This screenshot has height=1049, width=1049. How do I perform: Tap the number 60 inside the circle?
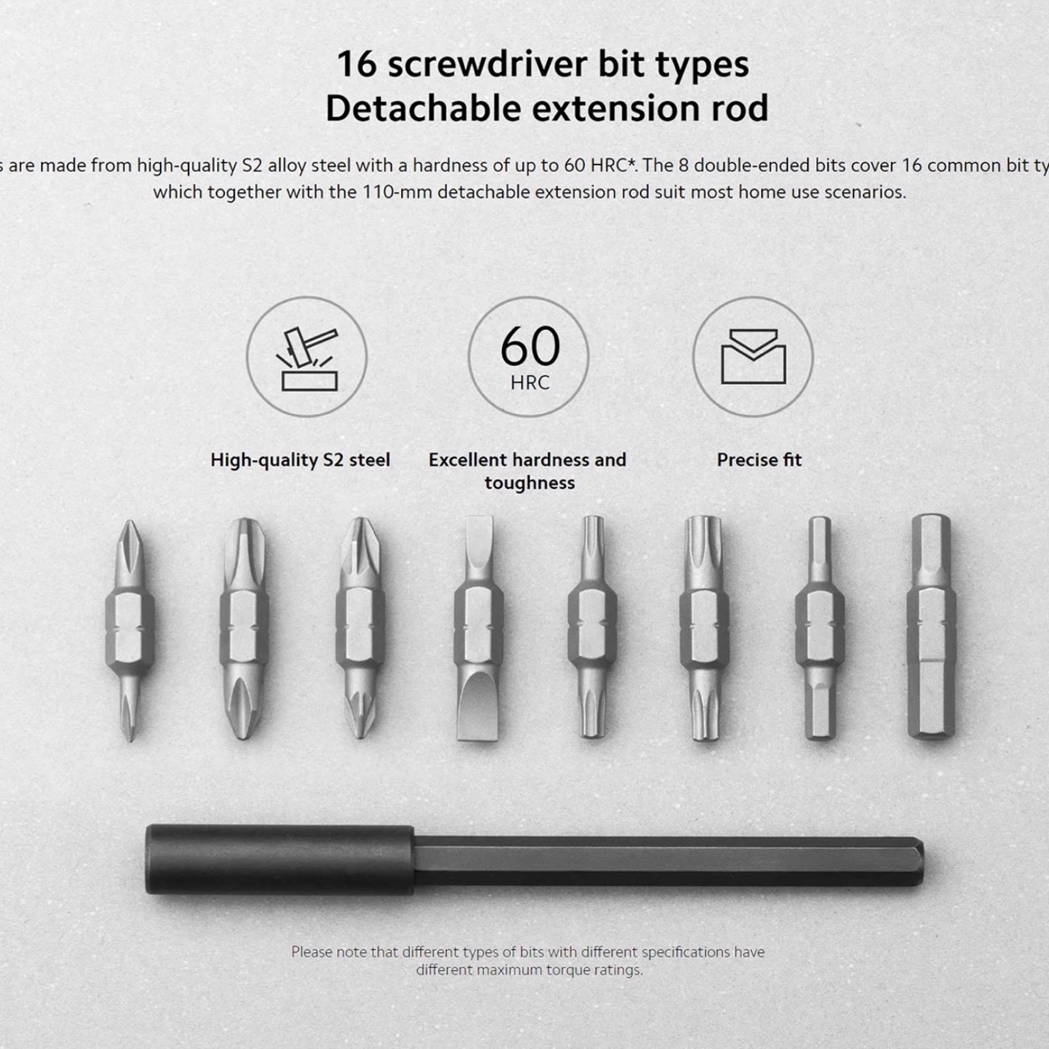pyautogui.click(x=529, y=346)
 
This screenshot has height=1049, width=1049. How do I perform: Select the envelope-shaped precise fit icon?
pyautogui.click(x=753, y=357)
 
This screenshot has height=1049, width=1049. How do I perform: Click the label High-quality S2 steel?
pyautogui.click(x=300, y=460)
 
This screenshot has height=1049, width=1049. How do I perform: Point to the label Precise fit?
pyautogui.click(x=759, y=460)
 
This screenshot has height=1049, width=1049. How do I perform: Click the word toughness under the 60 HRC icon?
pyautogui.click(x=529, y=483)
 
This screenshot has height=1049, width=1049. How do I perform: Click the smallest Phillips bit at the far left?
pyautogui.click(x=129, y=629)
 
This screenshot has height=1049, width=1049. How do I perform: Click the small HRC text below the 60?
pyautogui.click(x=529, y=382)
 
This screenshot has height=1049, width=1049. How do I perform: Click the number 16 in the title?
pyautogui.click(x=356, y=65)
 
